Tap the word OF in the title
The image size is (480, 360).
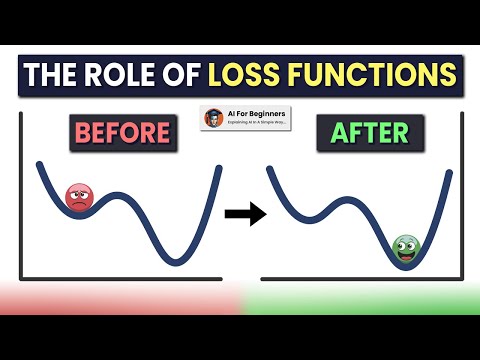181,74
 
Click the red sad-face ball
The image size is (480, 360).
77,197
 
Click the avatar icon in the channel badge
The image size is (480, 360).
213,118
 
